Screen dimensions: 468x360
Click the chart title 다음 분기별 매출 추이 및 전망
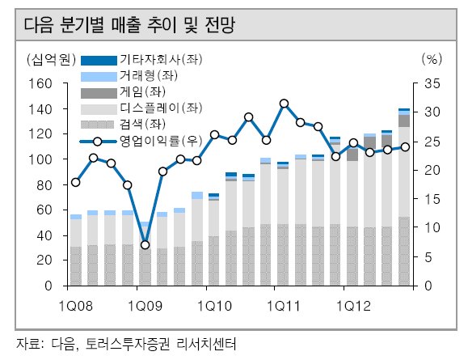(x=129, y=25)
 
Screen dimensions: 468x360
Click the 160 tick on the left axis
(x=40, y=84)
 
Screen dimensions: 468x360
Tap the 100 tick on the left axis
(x=40, y=159)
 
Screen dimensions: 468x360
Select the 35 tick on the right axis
(x=432, y=84)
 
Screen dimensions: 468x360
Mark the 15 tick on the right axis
(x=432, y=199)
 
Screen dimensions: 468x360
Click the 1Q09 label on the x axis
(x=145, y=306)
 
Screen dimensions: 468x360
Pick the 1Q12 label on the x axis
(x=353, y=306)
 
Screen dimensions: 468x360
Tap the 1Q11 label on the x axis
(x=283, y=306)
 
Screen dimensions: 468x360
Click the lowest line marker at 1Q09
(x=145, y=244)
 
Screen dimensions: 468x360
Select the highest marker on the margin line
(x=284, y=104)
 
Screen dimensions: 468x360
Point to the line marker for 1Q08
(x=76, y=182)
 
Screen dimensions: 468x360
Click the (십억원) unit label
(x=51, y=59)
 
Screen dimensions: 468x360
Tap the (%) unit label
(x=432, y=59)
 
